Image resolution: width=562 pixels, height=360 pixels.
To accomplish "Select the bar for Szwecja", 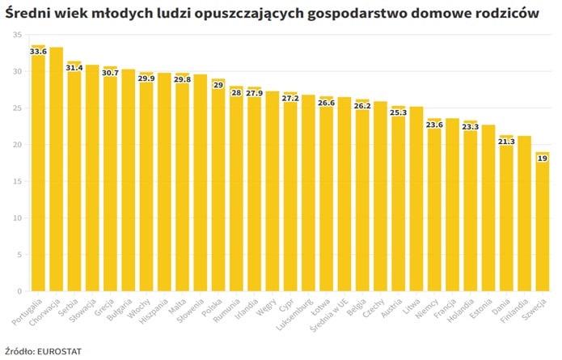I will (x=542, y=222).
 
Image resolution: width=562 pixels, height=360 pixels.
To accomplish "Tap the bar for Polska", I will (x=218, y=185).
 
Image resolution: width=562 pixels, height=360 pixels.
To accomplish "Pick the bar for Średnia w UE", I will (x=344, y=194).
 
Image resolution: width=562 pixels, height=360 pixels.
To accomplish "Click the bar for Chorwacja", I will (x=56, y=169).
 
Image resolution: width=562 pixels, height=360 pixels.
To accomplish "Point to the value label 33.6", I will (x=38, y=52).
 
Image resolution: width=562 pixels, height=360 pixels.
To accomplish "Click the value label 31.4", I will (x=74, y=68).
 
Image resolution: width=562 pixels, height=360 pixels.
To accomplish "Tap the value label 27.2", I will (x=290, y=99).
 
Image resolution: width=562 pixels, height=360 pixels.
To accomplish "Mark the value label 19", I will (x=542, y=159).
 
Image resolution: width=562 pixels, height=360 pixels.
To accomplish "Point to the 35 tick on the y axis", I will (x=17, y=35).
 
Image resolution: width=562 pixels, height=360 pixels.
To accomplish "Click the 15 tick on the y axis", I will (x=17, y=181).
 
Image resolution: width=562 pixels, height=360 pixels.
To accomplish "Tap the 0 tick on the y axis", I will (x=19, y=291).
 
